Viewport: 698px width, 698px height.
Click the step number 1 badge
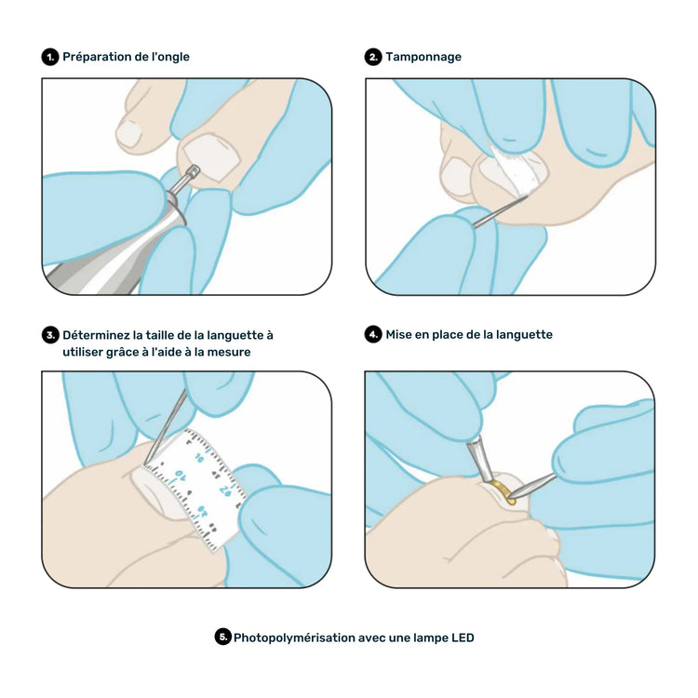tap(50, 57)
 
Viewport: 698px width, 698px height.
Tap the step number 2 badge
tap(373, 57)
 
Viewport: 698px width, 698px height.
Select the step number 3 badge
tap(50, 334)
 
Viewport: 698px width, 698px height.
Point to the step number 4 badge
tap(373, 334)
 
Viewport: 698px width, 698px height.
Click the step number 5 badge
tap(222, 638)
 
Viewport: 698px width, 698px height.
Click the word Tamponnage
tap(423, 57)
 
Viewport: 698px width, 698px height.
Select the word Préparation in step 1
tap(98, 57)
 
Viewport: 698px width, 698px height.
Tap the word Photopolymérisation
tap(293, 638)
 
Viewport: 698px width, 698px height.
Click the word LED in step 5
tap(462, 638)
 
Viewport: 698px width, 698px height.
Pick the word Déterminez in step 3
tap(96, 334)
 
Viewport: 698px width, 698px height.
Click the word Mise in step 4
tap(401, 334)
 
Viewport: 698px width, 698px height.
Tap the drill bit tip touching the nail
tap(194, 170)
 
